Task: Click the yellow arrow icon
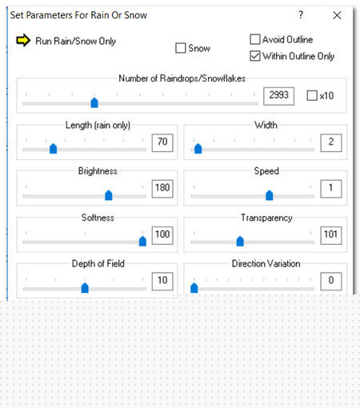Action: click(x=23, y=40)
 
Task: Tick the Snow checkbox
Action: click(x=181, y=48)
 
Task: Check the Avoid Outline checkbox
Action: click(x=255, y=39)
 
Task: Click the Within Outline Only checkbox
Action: click(x=255, y=56)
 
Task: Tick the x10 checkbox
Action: click(x=312, y=95)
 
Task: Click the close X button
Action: click(x=337, y=15)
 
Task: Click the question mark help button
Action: click(x=301, y=14)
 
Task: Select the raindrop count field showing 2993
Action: click(x=278, y=96)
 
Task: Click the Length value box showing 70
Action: click(x=162, y=142)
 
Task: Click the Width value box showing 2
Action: click(x=331, y=142)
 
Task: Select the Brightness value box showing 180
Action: click(x=162, y=189)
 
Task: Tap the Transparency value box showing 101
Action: click(x=331, y=235)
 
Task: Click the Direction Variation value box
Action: click(x=331, y=281)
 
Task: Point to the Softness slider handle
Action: click(x=142, y=241)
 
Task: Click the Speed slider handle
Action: click(x=270, y=195)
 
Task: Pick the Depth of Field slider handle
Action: click(x=85, y=288)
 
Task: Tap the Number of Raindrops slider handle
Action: click(x=94, y=102)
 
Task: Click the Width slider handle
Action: click(x=198, y=149)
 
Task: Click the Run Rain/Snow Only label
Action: click(x=75, y=41)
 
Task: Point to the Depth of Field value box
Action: click(x=162, y=281)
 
